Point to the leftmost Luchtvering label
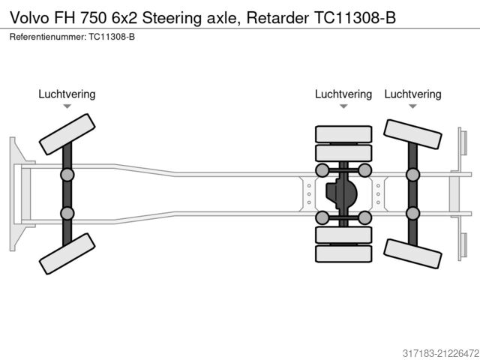tap(67, 94)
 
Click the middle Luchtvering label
tap(343, 94)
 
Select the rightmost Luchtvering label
tap(412, 94)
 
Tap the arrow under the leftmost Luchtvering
tap(67, 106)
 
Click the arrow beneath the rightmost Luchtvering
tap(412, 106)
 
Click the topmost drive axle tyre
tap(343, 135)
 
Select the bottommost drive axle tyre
tap(343, 253)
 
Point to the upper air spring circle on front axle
tap(67, 175)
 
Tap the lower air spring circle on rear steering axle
tap(412, 213)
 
